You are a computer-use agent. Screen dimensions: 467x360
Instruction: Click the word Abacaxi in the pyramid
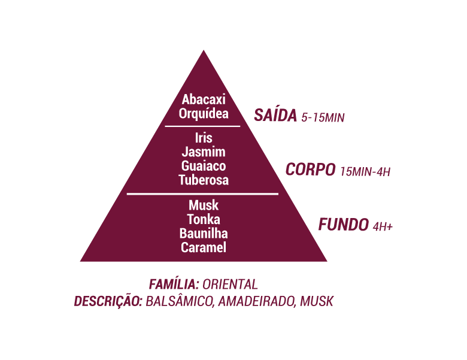coord(204,99)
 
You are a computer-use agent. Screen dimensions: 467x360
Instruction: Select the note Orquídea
coord(204,114)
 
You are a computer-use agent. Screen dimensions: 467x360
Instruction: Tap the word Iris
coord(204,138)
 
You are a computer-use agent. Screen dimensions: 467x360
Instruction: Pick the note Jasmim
coord(204,152)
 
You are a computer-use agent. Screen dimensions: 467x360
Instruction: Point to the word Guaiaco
coord(204,166)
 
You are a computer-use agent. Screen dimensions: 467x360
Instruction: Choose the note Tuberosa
coord(204,180)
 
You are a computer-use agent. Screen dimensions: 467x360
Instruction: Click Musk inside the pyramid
coord(204,205)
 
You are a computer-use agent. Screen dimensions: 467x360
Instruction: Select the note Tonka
coord(204,219)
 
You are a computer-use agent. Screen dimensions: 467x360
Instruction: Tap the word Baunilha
coord(204,234)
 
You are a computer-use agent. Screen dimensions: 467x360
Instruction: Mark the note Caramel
coord(204,247)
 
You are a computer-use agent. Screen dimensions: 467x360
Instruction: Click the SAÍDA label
coord(275,116)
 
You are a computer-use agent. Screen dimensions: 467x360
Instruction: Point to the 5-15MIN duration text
coord(323,117)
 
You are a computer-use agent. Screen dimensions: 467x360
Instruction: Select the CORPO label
coord(310,170)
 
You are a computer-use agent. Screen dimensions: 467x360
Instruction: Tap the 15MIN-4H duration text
coord(365,172)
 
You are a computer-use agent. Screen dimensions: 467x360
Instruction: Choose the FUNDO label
coord(344,225)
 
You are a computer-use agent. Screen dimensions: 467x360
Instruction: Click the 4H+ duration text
coord(383,226)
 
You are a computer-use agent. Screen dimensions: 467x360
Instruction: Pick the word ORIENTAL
coord(231,285)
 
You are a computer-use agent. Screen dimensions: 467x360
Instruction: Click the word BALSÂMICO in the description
coord(180,301)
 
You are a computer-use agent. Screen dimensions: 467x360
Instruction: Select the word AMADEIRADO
coord(257,301)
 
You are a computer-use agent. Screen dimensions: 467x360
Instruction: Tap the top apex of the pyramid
coord(204,50)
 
